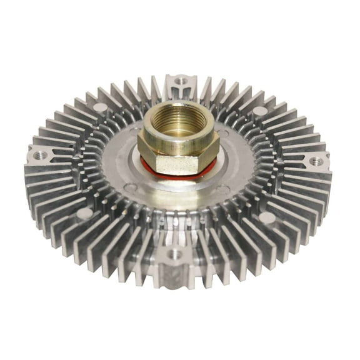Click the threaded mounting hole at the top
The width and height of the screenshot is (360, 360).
tap(181, 81)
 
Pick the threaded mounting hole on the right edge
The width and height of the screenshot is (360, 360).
tap(316, 162)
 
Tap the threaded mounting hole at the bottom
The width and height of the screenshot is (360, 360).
tap(174, 254)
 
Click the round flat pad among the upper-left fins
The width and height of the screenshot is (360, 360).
tap(100, 108)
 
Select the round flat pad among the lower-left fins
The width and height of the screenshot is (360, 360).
tap(85, 212)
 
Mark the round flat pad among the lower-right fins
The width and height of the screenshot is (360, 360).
tap(267, 217)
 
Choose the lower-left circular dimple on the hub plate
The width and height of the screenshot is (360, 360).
tap(130, 186)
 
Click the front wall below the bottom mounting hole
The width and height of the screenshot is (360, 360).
tap(174, 272)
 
